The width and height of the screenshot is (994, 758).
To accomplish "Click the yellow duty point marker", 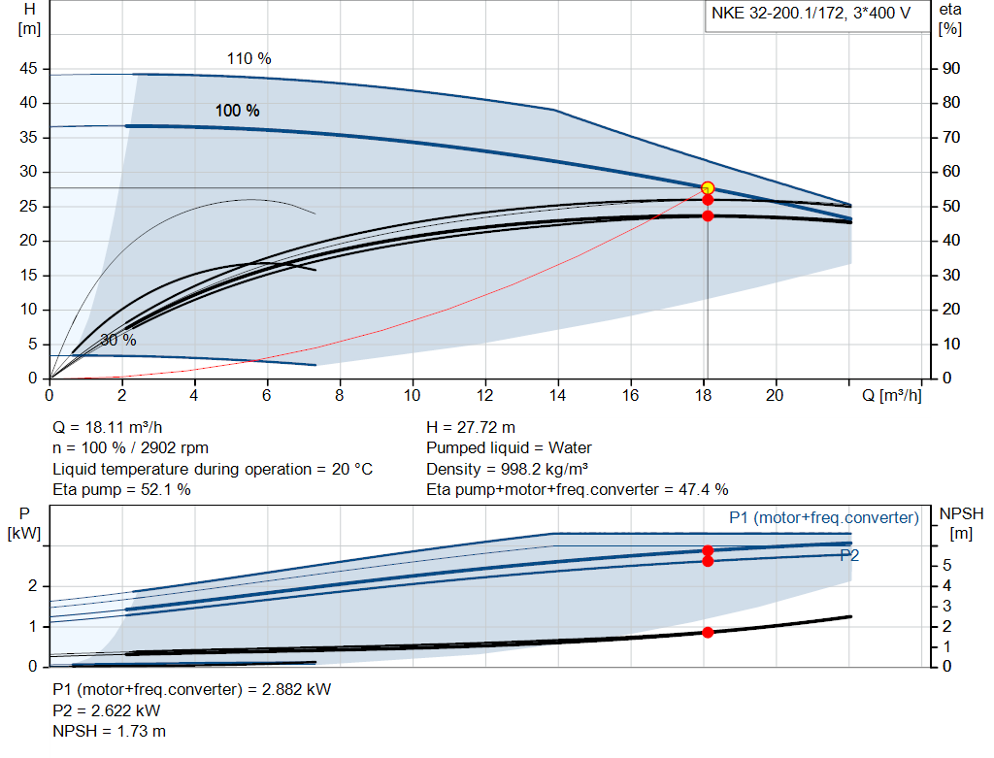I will [x=708, y=187].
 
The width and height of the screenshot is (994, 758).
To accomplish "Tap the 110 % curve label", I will [x=249, y=59].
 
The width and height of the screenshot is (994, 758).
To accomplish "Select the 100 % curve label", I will [x=238, y=111].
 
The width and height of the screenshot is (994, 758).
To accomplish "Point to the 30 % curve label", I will [x=118, y=341].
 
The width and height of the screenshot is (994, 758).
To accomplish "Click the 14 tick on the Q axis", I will [x=557, y=395].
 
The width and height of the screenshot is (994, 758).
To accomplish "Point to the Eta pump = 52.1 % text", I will [x=121, y=489].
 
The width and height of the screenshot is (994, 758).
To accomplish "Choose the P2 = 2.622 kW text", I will [x=107, y=710].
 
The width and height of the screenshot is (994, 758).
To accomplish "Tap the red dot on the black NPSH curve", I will [x=708, y=632].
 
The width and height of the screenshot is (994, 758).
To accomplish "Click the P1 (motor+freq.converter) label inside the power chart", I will [x=823, y=518].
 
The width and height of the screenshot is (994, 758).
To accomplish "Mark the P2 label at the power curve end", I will [x=849, y=555].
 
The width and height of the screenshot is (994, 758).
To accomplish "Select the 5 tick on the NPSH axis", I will [x=945, y=566].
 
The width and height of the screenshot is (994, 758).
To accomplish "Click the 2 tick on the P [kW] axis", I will [x=32, y=586].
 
